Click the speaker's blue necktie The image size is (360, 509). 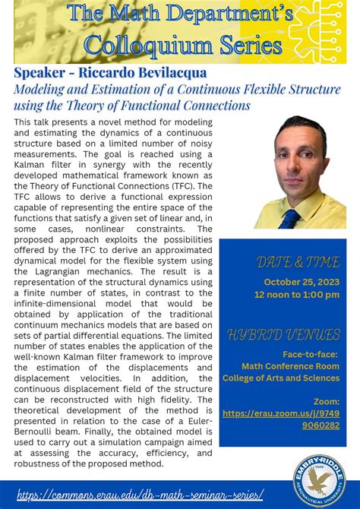click(289, 219)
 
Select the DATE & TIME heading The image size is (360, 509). click(287, 262)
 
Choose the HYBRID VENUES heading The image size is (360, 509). click(283, 335)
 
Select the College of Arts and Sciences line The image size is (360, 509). click(281, 378)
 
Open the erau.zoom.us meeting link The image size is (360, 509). click(281, 419)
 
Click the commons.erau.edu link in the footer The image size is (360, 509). click(140, 495)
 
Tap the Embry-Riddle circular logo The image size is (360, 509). click(319, 480)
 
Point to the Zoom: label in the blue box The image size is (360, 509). click(326, 401)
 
